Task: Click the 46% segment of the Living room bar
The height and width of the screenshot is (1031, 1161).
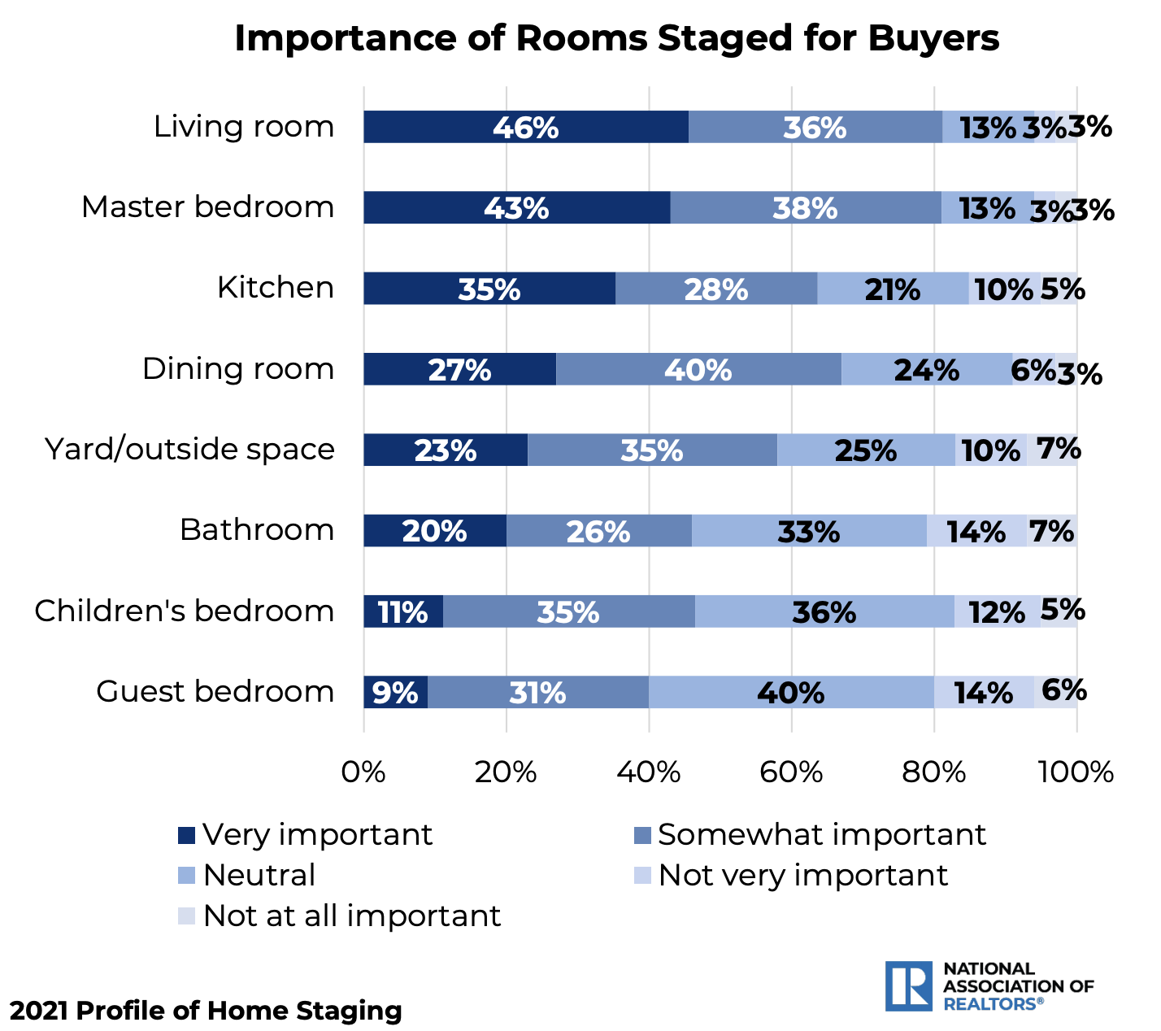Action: pos(525,127)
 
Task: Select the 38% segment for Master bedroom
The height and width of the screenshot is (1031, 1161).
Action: pos(805,207)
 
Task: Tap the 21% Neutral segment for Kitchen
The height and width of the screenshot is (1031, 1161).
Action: pos(892,289)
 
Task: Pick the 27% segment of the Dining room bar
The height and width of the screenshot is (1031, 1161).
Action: pos(459,369)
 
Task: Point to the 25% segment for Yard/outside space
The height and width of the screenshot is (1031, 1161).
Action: pos(865,450)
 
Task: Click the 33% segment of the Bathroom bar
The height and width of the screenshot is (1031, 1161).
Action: pos(808,531)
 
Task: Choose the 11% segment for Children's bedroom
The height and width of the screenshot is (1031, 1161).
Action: pos(403,611)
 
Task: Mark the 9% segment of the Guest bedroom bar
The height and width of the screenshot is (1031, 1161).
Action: pos(395,692)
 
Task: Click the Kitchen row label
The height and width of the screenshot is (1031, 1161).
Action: pos(276,288)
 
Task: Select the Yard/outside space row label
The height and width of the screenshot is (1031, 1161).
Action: pos(189,449)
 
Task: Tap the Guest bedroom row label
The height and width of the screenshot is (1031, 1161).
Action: pos(215,691)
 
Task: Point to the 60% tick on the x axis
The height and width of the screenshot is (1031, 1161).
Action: pos(792,771)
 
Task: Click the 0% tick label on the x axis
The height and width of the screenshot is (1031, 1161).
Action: pos(363,771)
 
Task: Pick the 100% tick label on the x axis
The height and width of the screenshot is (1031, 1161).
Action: pos(1076,771)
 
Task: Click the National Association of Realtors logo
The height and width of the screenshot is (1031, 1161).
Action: pos(989,986)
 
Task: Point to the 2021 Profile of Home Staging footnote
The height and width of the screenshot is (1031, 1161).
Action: pos(206,1011)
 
